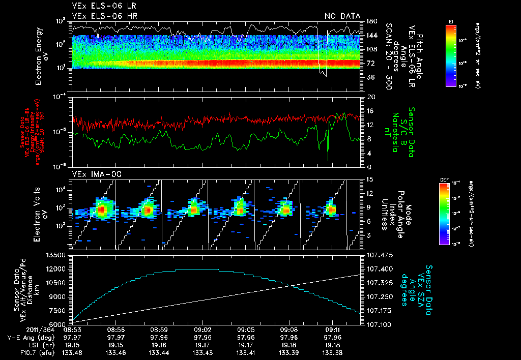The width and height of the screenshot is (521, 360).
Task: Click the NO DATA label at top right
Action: (342, 16)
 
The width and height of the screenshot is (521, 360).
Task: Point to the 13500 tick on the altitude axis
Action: (56, 255)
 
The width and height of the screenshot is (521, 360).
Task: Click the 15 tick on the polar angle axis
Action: (369, 179)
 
